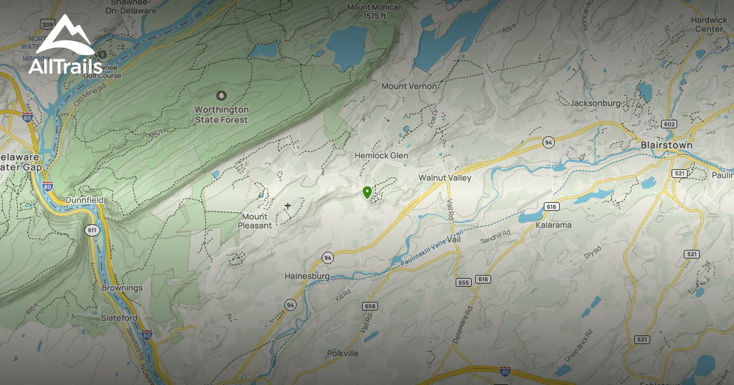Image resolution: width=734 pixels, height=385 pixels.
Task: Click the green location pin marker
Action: pos(367,193)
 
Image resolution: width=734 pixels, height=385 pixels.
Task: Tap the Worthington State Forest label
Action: pos(221,115)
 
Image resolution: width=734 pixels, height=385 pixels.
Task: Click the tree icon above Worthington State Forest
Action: pos(221,96)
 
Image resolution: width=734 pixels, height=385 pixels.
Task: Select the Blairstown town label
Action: pos(666,145)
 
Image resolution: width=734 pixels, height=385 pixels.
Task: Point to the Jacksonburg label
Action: pos(595,103)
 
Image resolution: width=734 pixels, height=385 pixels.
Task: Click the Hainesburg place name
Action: pos(307,276)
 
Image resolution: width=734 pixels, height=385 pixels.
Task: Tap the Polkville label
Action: pos(343,353)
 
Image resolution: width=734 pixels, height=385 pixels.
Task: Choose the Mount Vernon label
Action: pos(409,86)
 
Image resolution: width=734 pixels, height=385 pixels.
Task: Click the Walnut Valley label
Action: pos(445,178)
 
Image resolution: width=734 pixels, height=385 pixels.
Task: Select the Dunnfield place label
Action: pos(84,200)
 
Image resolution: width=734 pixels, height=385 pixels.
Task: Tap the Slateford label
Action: pos(119,318)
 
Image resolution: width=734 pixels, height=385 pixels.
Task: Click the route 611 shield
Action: pos(92,230)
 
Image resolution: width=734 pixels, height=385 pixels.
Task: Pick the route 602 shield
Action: pos(670,124)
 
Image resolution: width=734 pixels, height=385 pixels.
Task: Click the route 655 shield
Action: pos(463,282)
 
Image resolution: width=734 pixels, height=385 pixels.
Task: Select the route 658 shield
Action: pos(369,306)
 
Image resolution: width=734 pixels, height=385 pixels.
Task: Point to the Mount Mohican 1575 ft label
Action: pos(375,12)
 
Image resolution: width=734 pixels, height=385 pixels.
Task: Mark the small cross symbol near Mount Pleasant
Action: pos(287,206)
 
